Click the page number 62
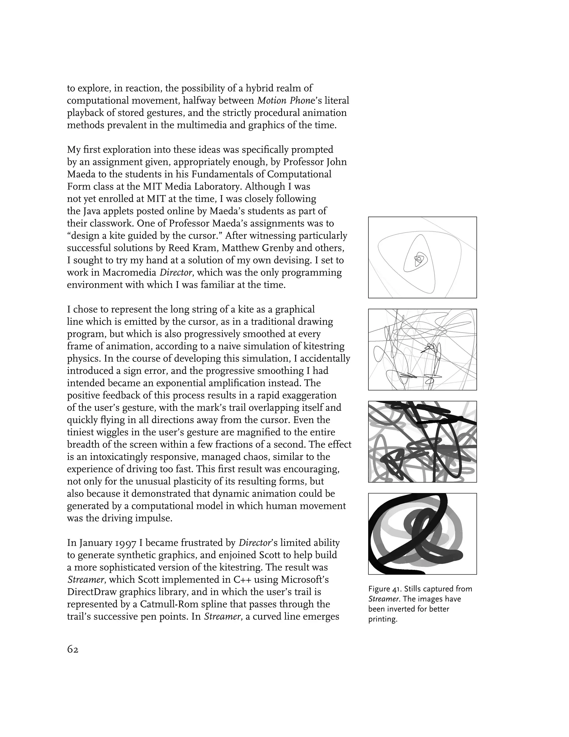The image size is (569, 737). [73, 649]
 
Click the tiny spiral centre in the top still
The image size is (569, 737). [418, 259]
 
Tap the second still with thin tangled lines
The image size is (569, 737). [422, 350]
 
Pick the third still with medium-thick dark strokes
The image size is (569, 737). [422, 442]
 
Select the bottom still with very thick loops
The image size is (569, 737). [422, 534]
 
